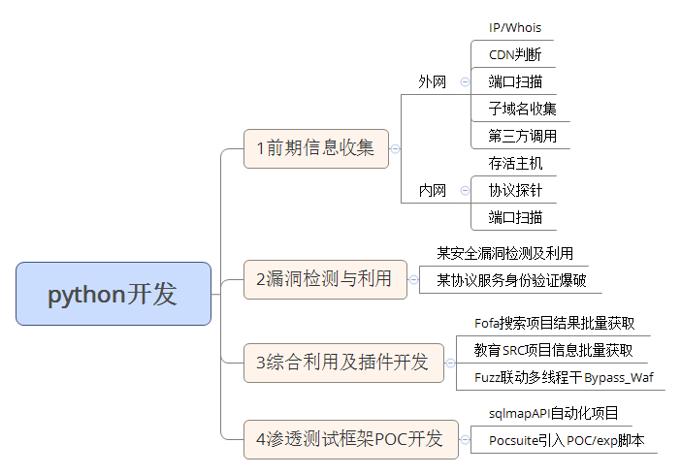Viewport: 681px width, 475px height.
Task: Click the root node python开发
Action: click(x=113, y=294)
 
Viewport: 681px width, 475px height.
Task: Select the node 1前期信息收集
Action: click(x=315, y=148)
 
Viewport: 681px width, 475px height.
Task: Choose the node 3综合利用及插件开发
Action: click(x=342, y=363)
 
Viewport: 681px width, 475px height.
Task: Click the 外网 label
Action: click(x=433, y=82)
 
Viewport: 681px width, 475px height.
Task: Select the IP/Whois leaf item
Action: click(x=515, y=28)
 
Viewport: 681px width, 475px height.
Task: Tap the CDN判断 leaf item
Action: click(x=515, y=55)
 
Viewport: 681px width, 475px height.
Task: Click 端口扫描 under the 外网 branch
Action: click(x=516, y=82)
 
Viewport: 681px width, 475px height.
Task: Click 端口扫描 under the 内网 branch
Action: click(x=516, y=217)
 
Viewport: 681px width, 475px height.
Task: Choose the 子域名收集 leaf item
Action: click(x=522, y=109)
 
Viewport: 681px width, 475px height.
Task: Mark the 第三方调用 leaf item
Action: click(x=522, y=136)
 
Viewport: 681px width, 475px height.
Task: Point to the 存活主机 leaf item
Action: click(x=516, y=163)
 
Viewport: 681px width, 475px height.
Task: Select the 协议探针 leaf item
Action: click(x=516, y=190)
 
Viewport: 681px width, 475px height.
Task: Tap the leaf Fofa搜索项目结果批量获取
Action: click(x=554, y=324)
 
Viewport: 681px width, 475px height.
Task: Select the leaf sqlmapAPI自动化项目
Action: click(x=553, y=414)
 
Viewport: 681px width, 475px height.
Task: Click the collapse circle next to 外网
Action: click(x=466, y=82)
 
